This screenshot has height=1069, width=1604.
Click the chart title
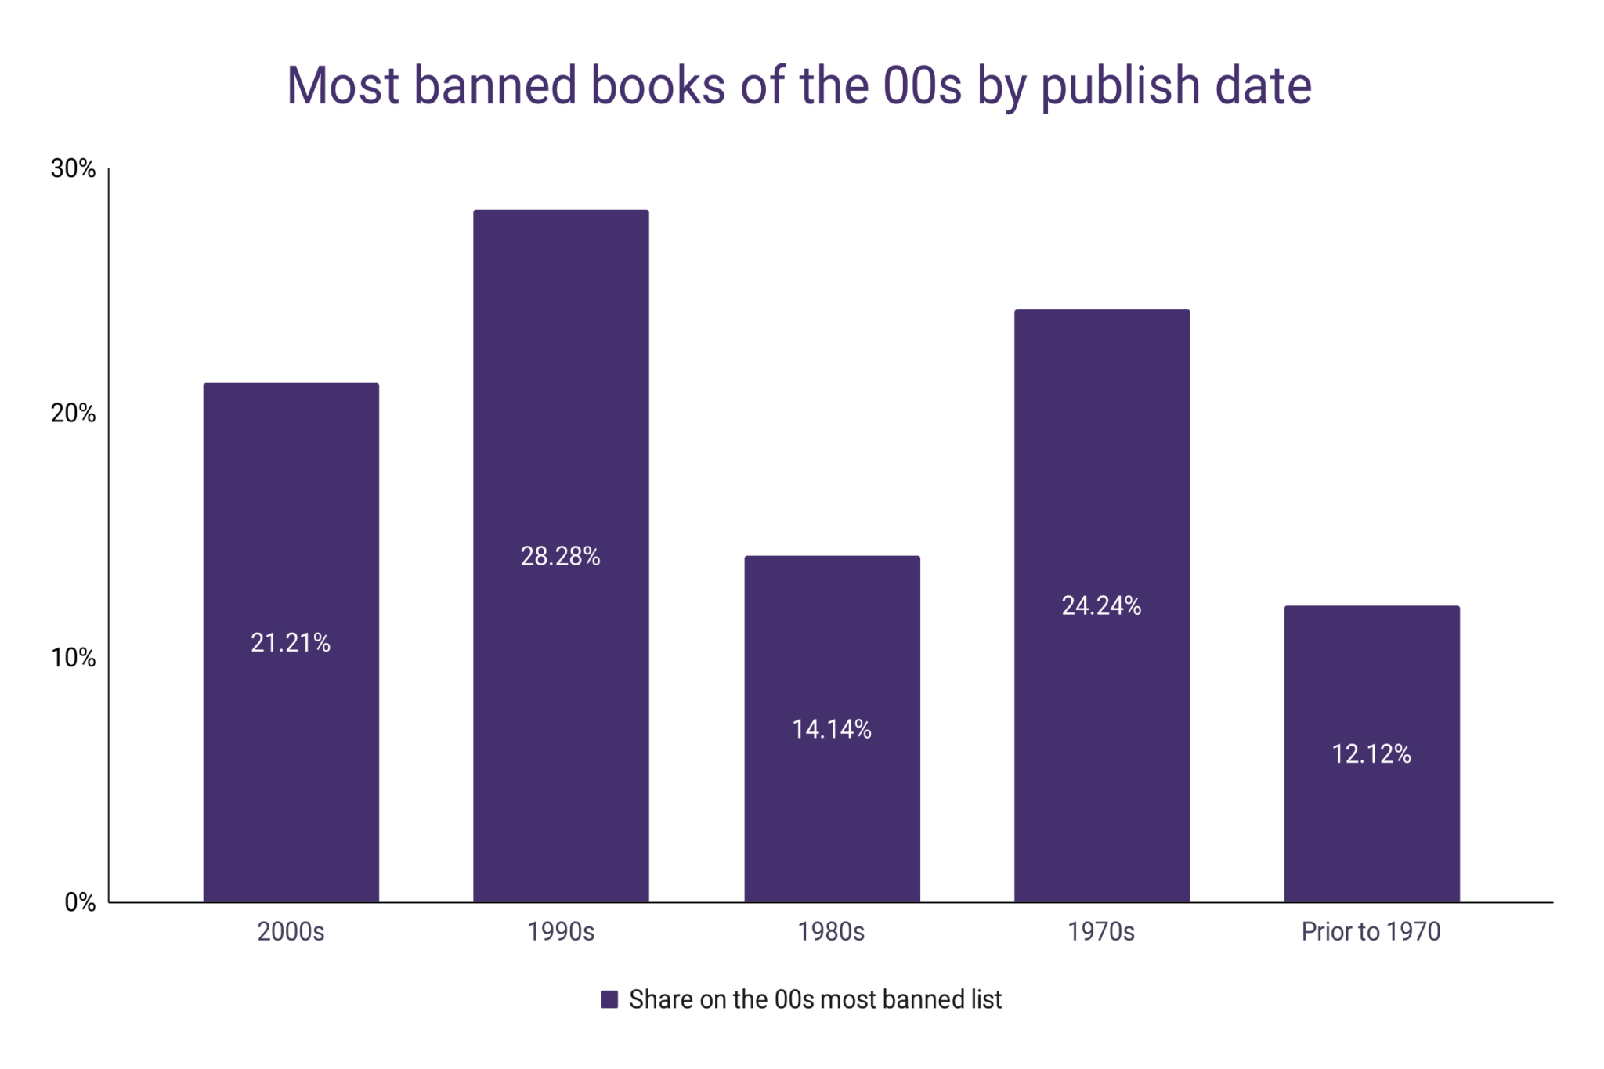tap(799, 85)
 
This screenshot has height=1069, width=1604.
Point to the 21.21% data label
tap(291, 643)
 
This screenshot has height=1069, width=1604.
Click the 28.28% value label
tap(561, 556)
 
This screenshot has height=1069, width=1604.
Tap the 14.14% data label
tap(832, 729)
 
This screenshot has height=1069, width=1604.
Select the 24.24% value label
tap(1102, 605)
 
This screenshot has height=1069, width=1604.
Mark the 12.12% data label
tap(1371, 753)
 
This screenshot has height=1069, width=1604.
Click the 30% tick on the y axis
tap(74, 168)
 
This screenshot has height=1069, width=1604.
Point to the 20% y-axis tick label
tap(74, 413)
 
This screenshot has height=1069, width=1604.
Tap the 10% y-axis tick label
tap(74, 658)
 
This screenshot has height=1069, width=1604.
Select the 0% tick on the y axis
tap(80, 902)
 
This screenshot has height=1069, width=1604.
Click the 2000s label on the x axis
tap(291, 931)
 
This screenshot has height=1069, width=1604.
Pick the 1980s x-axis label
tap(831, 931)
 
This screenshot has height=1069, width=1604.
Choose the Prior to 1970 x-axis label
tap(1371, 931)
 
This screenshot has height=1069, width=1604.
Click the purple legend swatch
tap(609, 999)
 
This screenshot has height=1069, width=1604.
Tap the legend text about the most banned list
tap(815, 999)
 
